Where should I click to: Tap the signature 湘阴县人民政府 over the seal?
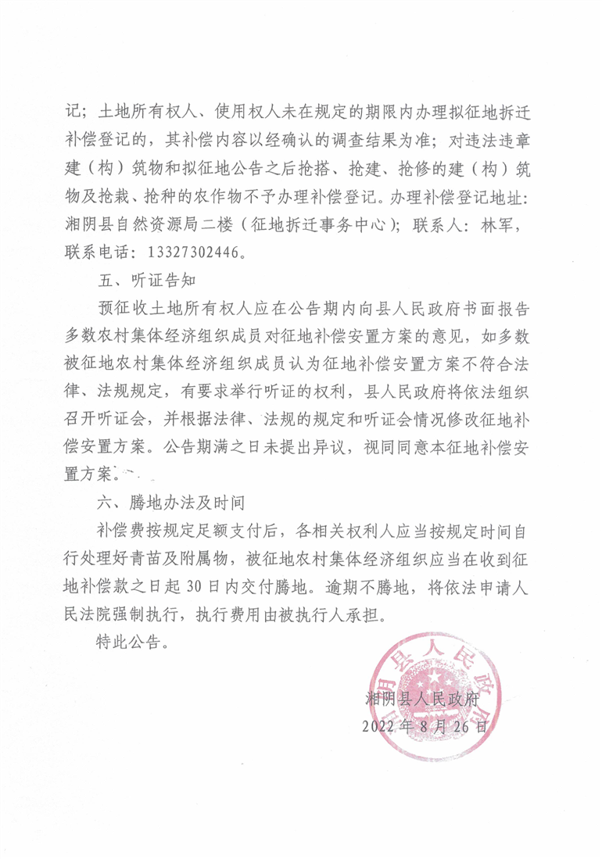coord(427,698)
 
